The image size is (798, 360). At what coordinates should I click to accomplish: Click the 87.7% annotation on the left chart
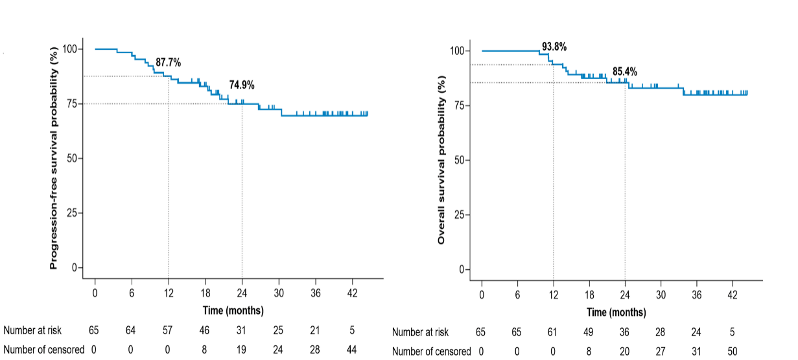[168, 62]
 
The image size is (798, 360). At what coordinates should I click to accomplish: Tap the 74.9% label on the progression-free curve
[242, 84]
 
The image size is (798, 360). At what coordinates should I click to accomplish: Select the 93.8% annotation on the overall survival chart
[554, 47]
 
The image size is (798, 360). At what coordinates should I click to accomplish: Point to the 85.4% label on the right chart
[625, 71]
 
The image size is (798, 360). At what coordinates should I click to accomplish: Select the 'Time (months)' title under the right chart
[616, 313]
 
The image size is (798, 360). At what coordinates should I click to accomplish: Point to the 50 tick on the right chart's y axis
[460, 160]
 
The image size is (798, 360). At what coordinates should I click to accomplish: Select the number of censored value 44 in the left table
[352, 350]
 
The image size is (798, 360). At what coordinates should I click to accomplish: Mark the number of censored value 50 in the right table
[732, 352]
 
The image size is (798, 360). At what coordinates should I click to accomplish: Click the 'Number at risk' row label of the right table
[421, 333]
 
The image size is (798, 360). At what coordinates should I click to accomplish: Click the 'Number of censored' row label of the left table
[43, 350]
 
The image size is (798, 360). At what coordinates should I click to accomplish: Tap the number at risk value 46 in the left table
[205, 331]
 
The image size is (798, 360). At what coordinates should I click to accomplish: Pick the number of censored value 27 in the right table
[661, 352]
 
